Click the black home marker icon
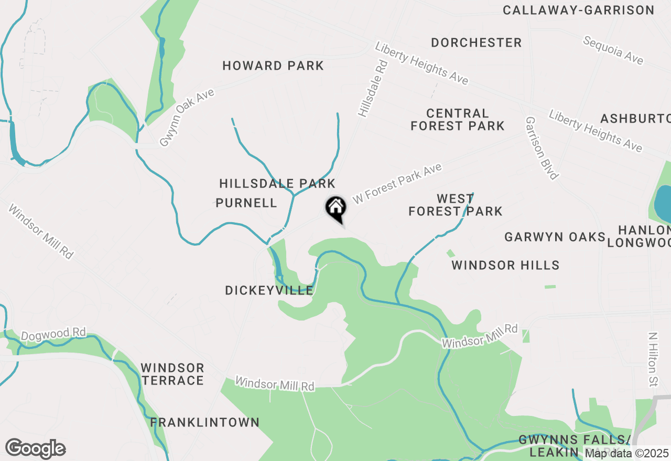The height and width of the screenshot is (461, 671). pos(335,208)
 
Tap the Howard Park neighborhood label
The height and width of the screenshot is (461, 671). pos(273,66)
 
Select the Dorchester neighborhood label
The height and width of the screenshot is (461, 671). pos(477,43)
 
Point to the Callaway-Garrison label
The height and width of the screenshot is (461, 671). pos(578,10)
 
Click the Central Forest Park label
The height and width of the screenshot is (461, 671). pos(457,119)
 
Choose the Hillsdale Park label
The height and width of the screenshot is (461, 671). pos(277,184)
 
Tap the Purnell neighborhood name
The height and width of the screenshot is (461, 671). pos(246,203)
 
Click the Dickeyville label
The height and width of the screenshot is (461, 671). pos(269,290)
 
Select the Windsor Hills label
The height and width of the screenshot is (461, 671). pos(505,265)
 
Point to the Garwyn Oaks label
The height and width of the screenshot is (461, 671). pos(555,237)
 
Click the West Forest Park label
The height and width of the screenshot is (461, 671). pos(455,205)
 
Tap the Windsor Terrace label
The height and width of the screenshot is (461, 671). pos(172,374)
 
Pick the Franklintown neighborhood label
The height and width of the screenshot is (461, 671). pos(205,422)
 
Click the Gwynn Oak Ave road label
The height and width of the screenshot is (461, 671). pos(187,117)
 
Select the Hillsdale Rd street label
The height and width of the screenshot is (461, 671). pos(373,88)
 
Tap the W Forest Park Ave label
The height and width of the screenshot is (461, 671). pos(397,183)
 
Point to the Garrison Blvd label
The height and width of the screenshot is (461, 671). pos(542,148)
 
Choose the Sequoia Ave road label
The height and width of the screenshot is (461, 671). pos(613,50)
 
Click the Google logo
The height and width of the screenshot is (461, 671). pos(35,449)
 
